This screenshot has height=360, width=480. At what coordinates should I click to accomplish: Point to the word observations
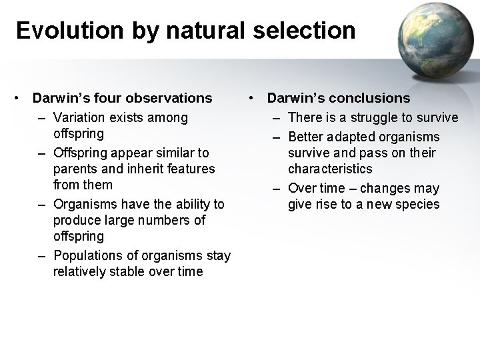[169, 99]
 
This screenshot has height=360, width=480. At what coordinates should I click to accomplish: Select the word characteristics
[330, 169]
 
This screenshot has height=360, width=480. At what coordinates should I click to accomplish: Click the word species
[417, 204]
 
